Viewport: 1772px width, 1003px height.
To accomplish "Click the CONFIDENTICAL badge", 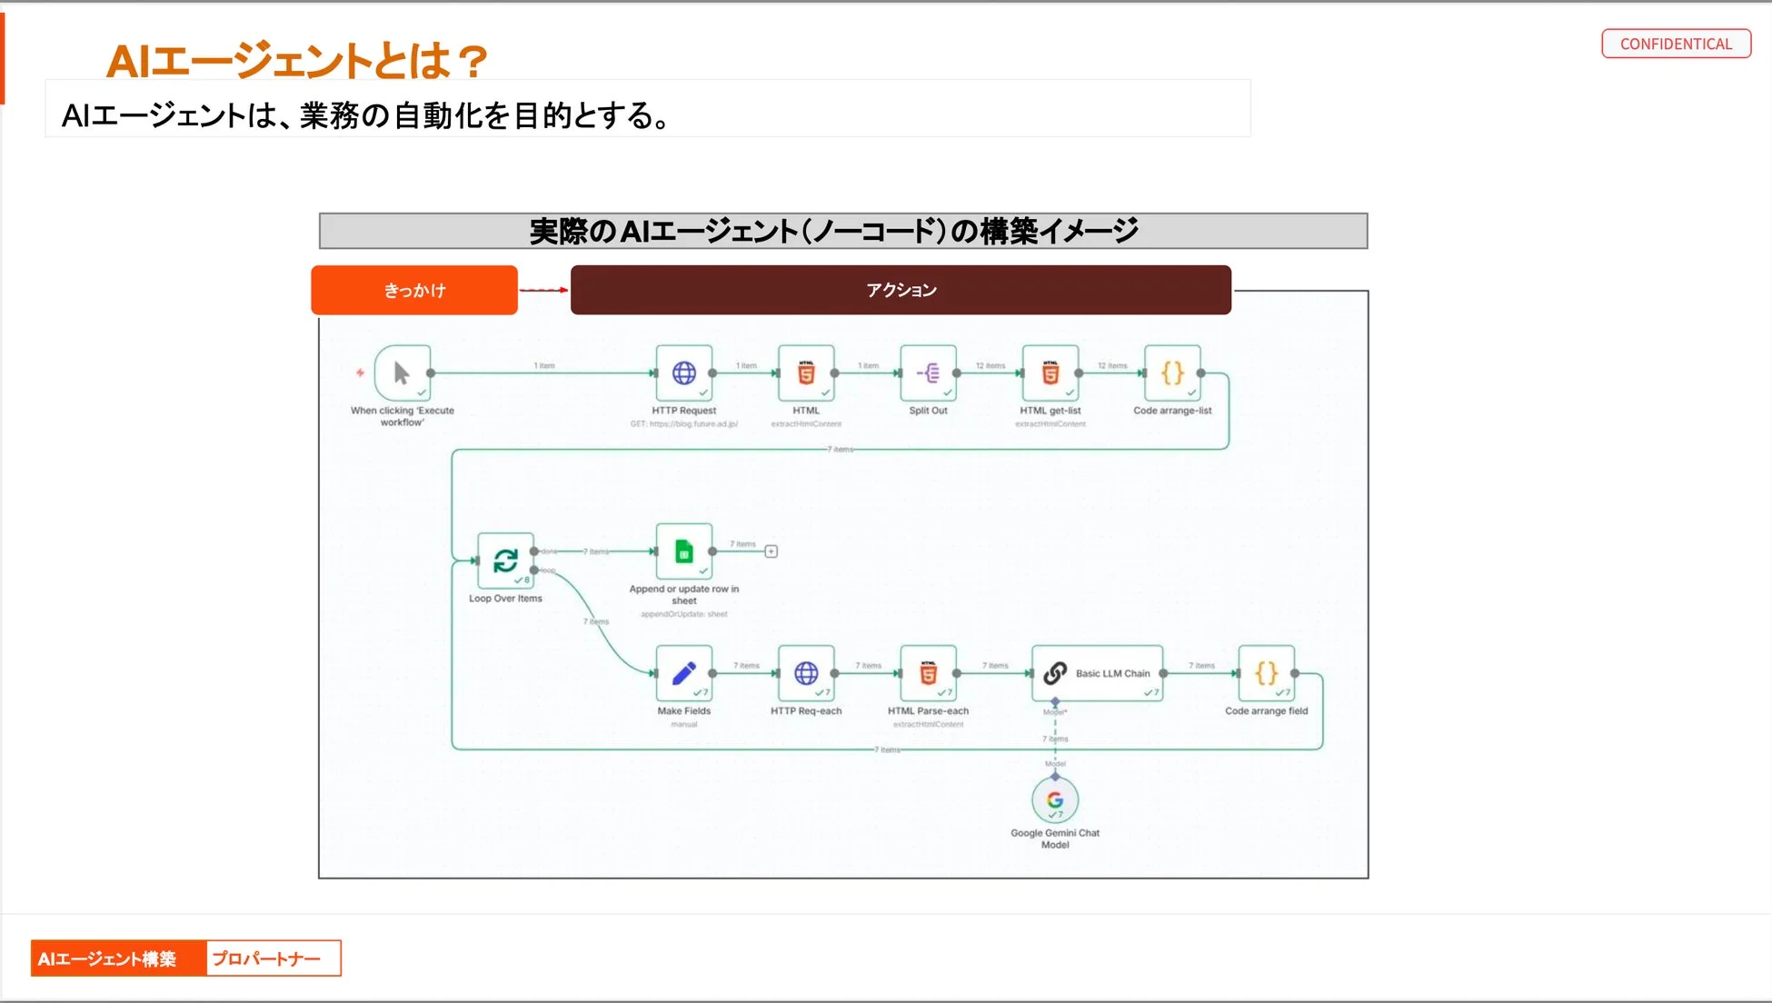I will point(1676,44).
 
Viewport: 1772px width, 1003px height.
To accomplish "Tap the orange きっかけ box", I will point(414,290).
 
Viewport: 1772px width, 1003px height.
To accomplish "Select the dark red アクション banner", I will point(901,290).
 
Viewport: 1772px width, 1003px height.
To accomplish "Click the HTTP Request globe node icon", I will point(683,372).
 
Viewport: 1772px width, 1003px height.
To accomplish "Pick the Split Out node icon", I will point(928,372).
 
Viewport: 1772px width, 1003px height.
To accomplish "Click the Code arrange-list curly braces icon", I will point(1172,372).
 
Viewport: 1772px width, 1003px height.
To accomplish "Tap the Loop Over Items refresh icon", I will point(505,561).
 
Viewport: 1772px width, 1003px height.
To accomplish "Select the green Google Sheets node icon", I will point(683,551).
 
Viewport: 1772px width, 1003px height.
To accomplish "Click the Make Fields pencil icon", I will point(683,673).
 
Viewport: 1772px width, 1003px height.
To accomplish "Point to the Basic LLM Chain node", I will point(1097,673).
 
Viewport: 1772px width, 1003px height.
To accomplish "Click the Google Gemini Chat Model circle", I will point(1055,800).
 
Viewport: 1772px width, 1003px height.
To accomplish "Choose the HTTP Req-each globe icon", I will point(806,673).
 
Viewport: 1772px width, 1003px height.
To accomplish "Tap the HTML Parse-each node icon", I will point(928,673).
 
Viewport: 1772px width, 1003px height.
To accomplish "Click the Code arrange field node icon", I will point(1266,673).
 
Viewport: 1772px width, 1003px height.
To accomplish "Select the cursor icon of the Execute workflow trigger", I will point(402,372).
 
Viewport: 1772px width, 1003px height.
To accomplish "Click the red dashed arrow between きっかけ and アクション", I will point(543,290).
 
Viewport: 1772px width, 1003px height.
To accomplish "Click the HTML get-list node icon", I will point(1050,372).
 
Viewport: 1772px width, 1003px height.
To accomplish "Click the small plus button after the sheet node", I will point(771,551).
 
